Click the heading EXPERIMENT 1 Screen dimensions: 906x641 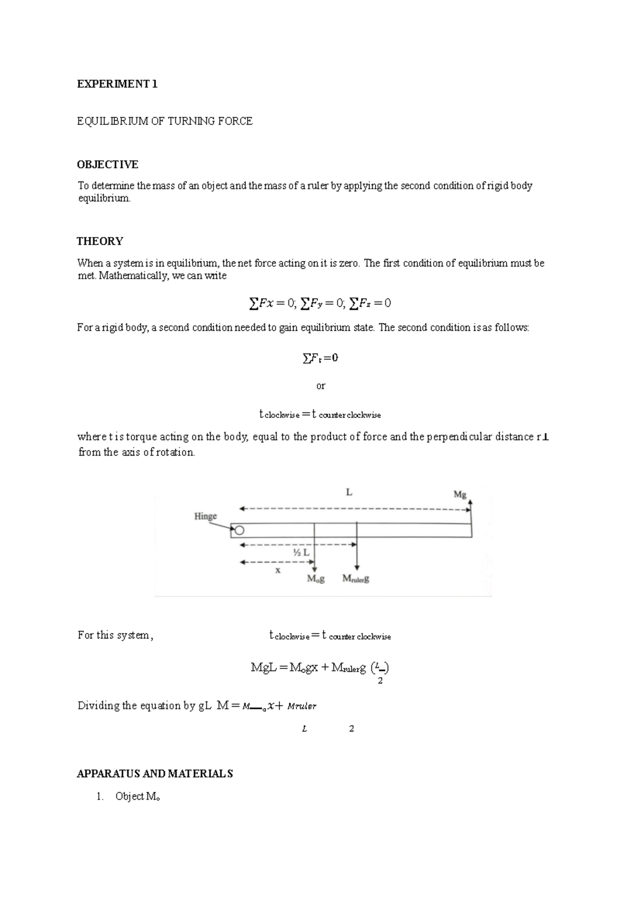coord(117,84)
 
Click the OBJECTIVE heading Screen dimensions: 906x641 coord(107,164)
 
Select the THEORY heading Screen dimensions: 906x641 coord(100,241)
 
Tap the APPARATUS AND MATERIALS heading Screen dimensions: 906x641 coord(155,774)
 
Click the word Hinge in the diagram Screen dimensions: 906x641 coord(205,516)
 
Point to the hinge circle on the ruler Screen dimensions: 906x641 coord(239,530)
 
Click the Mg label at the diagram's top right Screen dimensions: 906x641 coord(460,494)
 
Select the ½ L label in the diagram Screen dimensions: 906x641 coord(301,552)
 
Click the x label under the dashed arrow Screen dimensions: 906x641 coord(278,570)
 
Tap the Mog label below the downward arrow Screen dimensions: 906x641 coord(316,579)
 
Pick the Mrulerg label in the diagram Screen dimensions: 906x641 coord(356,579)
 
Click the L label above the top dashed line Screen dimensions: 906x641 coord(349,492)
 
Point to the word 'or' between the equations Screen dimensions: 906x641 coord(320,386)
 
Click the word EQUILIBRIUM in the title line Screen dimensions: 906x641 coord(113,121)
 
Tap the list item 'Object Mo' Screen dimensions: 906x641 coord(137,796)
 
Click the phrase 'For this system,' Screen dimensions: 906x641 coord(115,635)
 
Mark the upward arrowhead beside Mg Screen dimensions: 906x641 coord(472,502)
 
